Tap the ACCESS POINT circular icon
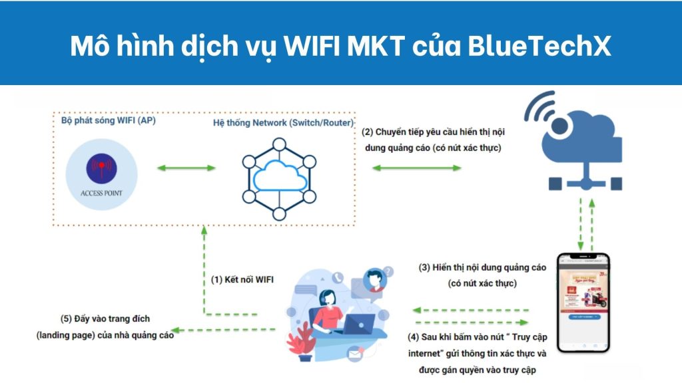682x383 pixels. point(102,174)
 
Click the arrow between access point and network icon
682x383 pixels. point(186,168)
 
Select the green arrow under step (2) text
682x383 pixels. point(416,168)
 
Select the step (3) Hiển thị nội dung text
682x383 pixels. point(482,275)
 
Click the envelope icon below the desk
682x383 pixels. point(354,357)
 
